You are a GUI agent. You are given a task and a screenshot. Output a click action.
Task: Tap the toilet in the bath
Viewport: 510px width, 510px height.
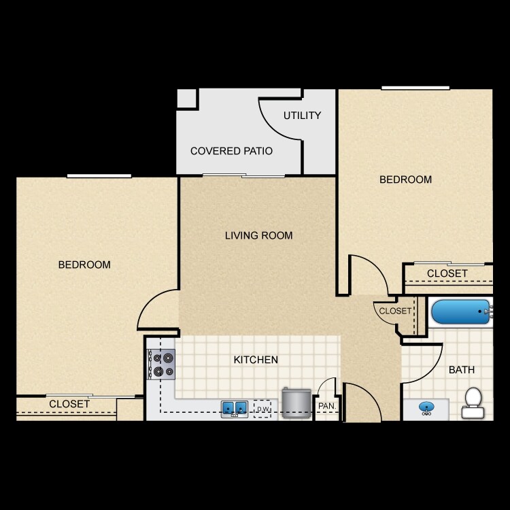[x=472, y=403]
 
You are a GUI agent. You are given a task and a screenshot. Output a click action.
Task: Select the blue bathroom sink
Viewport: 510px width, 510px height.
[x=426, y=408]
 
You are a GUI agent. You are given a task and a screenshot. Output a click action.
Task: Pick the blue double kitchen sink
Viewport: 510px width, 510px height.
[x=234, y=408]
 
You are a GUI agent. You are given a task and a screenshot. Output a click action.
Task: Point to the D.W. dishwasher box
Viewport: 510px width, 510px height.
[x=262, y=408]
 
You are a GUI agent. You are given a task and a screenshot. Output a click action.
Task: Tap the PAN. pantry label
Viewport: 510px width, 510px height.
[x=326, y=407]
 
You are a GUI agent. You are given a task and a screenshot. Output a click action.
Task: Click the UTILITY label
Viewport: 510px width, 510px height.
[x=302, y=116]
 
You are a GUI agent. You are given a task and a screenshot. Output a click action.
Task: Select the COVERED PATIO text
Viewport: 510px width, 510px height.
[x=231, y=151]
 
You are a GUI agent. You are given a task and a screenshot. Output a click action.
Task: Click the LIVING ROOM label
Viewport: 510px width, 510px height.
[x=258, y=236]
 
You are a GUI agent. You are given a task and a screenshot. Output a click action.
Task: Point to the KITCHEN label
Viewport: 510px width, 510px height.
[x=256, y=360]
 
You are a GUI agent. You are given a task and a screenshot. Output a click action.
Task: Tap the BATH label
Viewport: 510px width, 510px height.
[x=461, y=370]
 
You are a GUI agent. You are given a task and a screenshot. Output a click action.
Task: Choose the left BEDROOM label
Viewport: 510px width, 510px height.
[x=84, y=265]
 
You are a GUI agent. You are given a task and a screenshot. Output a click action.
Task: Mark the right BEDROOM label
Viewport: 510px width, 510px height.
[x=405, y=180]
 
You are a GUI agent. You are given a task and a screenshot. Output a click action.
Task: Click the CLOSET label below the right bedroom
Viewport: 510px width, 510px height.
[x=447, y=273]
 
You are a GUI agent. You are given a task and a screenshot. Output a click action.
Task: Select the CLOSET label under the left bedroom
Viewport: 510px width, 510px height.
[x=69, y=404]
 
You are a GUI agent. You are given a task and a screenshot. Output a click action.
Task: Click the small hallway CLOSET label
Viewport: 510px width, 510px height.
[x=395, y=311]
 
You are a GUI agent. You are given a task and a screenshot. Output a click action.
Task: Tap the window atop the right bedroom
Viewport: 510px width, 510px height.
[x=415, y=88]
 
